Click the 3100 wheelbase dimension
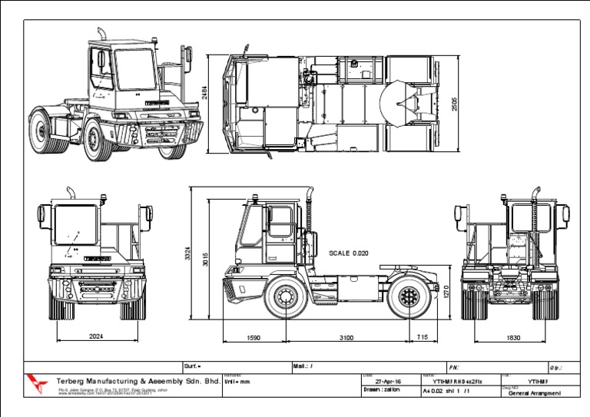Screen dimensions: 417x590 pos(346,337)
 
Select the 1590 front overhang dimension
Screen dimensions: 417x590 pos(254,337)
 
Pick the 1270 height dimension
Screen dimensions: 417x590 pos(446,293)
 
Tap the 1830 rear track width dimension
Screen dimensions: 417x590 pos(514,337)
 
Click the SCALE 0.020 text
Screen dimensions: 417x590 pos(350,253)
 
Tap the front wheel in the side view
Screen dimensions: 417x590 pos(286,300)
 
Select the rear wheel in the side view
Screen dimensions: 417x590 pos(406,300)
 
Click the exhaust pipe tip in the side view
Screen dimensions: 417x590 pos(310,189)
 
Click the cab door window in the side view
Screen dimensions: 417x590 pos(280,222)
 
